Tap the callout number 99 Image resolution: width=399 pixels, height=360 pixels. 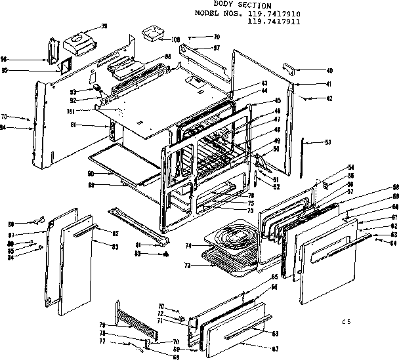click(x=104, y=26)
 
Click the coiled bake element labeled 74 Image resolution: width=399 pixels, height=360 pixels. click(x=229, y=236)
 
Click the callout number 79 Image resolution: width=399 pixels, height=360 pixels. click(x=102, y=325)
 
